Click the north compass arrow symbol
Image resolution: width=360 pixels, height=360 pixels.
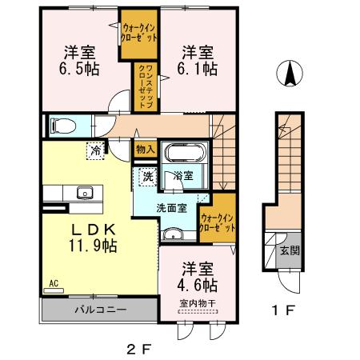click(x=290, y=75)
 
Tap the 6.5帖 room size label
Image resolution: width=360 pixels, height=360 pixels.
click(x=79, y=70)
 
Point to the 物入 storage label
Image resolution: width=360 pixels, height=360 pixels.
click(x=145, y=149)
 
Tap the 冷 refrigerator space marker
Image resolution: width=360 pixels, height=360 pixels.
click(x=96, y=149)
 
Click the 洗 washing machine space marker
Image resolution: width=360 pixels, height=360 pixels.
click(x=148, y=176)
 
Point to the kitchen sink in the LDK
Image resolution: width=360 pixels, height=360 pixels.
click(x=84, y=193)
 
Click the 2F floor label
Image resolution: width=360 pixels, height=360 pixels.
click(x=138, y=347)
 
